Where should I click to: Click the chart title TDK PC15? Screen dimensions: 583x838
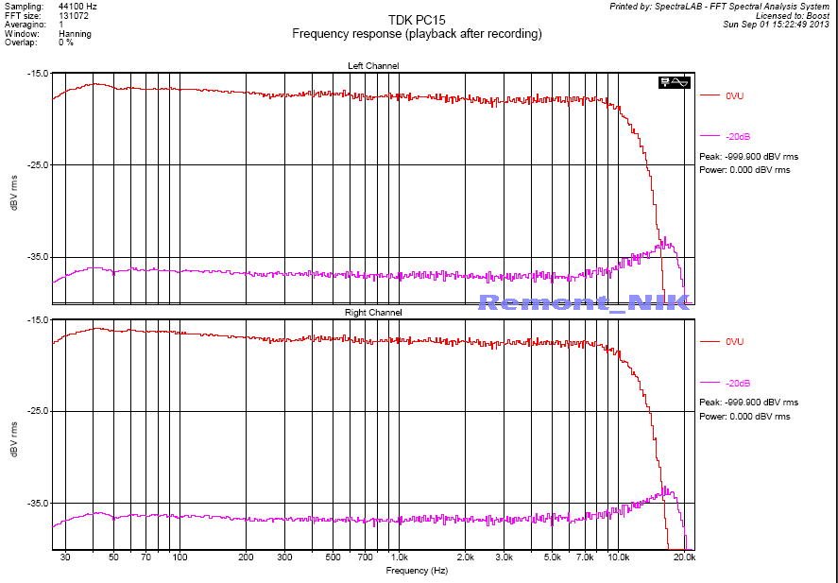coord(417,20)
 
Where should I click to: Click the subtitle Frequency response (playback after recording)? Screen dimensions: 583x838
coord(417,34)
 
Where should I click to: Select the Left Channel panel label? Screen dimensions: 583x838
coord(373,65)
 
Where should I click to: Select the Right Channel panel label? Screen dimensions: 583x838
coord(373,313)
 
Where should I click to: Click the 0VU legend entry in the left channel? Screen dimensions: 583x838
coord(735,95)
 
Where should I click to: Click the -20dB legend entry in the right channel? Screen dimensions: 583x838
coord(737,384)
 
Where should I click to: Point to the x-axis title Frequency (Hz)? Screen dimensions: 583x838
coord(417,571)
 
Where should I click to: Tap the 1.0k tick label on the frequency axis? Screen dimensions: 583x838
coord(399,558)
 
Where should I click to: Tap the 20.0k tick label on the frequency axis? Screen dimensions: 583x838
coord(684,558)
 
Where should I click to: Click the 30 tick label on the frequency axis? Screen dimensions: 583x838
coord(65,558)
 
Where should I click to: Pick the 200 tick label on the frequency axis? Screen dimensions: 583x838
coord(246,558)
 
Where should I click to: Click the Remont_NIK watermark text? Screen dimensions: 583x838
coord(584,302)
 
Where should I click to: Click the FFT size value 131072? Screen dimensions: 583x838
coord(73,16)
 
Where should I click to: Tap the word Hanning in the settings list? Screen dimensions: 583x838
coord(75,34)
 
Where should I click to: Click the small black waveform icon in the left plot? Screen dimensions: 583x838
coord(675,82)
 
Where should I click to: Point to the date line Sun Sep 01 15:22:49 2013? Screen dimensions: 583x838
coord(776,25)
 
